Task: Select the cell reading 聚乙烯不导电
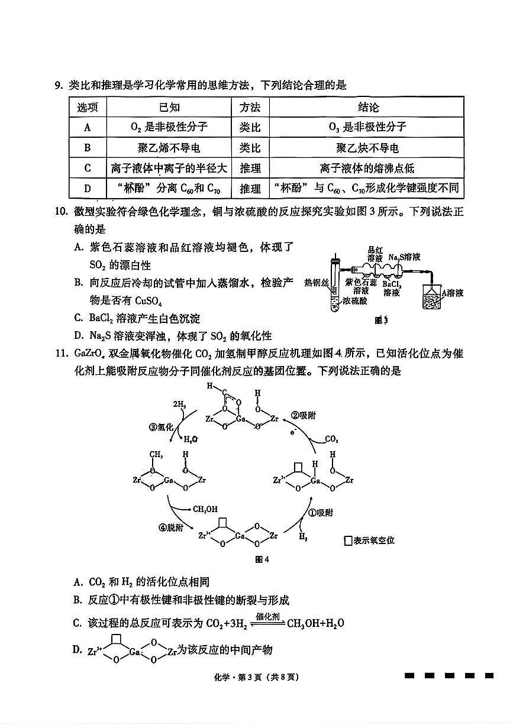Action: click(x=169, y=148)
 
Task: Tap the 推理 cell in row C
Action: click(x=250, y=169)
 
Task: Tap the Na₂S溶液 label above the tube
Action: click(x=405, y=257)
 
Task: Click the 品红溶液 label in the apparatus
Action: click(x=375, y=254)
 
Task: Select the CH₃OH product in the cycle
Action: click(x=204, y=509)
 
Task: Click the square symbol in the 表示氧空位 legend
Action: click(x=347, y=540)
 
